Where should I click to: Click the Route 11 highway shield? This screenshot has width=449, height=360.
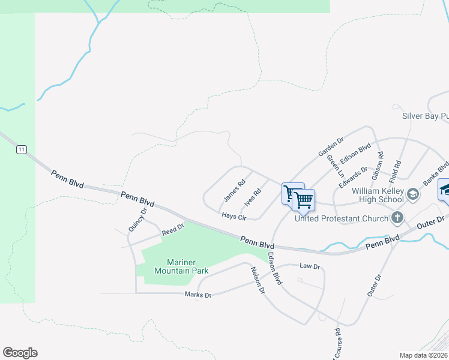pyautogui.click(x=22, y=149)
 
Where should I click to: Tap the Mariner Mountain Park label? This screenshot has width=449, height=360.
pyautogui.click(x=181, y=266)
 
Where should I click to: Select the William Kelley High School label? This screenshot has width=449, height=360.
pyautogui.click(x=377, y=195)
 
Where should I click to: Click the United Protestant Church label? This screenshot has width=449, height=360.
pyautogui.click(x=342, y=218)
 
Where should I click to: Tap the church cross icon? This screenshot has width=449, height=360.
pyautogui.click(x=397, y=217)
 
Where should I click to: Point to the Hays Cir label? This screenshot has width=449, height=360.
pyautogui.click(x=234, y=216)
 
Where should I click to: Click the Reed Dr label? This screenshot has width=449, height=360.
pyautogui.click(x=172, y=230)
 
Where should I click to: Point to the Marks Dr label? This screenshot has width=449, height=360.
pyautogui.click(x=198, y=295)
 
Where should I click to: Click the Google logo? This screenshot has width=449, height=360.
pyautogui.click(x=20, y=353)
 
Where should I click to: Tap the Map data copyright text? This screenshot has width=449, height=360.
pyautogui.click(x=424, y=355)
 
